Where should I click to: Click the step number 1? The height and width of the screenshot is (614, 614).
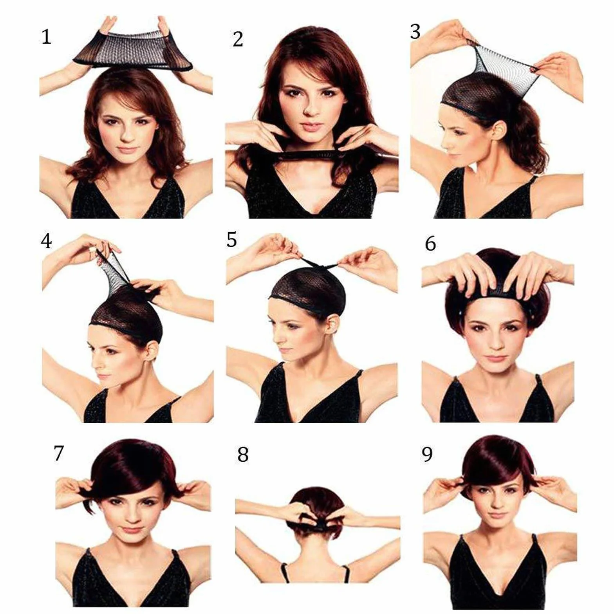click(x=46, y=37)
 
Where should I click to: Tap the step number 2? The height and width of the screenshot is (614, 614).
click(x=238, y=39)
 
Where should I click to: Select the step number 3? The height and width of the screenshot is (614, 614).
click(x=415, y=32)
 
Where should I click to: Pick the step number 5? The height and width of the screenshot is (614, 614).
click(x=232, y=240)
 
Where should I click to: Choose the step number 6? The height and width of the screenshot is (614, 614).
click(x=430, y=244)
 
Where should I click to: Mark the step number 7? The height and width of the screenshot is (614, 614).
click(x=59, y=453)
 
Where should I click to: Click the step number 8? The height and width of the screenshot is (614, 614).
click(x=243, y=455)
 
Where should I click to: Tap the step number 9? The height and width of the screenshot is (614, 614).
click(x=427, y=454)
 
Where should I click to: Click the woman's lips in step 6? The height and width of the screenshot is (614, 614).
click(x=497, y=358)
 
